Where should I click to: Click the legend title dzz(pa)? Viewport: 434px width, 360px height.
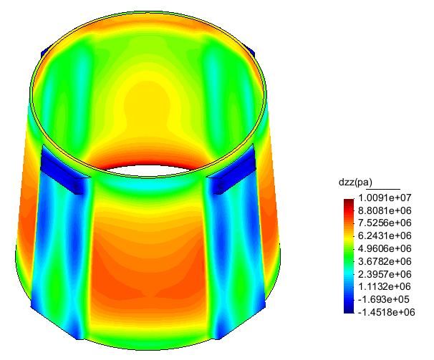coord(355,183)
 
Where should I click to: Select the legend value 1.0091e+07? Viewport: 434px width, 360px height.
coord(385,198)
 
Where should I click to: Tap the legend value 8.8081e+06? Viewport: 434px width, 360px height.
coord(385,210)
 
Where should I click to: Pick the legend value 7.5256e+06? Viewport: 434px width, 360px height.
coord(385,223)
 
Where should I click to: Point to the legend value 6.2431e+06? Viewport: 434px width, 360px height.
coord(385,235)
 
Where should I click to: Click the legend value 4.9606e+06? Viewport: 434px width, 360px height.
coord(385,248)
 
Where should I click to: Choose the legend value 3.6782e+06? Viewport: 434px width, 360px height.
coord(385,261)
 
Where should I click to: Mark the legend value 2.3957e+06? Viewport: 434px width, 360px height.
coord(385,274)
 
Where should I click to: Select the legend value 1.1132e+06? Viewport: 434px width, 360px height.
coord(385,287)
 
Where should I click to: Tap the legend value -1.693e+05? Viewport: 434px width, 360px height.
coord(384,299)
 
